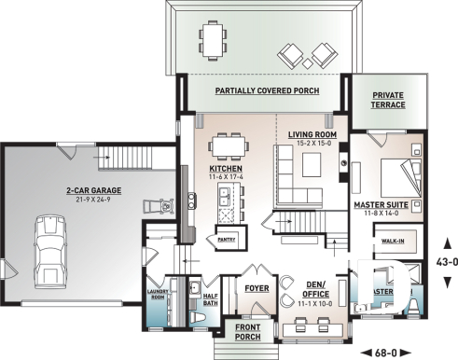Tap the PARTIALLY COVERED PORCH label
tap(266, 91)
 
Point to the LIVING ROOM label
tap(312, 135)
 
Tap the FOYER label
tap(257, 288)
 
